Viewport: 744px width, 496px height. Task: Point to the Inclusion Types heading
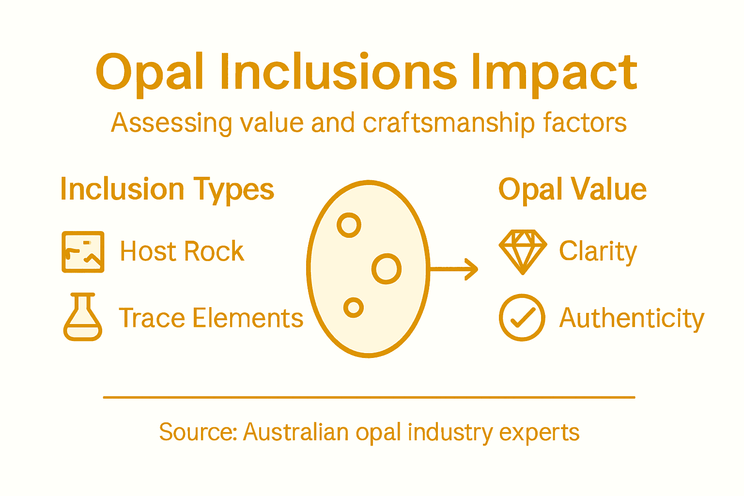pos(167,189)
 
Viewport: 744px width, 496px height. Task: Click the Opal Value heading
pos(572,189)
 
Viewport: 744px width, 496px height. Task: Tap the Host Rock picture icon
pos(83,252)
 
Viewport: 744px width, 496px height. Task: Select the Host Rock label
pos(182,251)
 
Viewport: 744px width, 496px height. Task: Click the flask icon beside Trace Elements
pos(83,317)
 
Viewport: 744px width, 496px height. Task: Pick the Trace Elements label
pos(211,318)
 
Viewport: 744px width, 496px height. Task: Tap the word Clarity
pos(598,251)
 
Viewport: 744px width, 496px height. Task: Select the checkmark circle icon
pos(522,318)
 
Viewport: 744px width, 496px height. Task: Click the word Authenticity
pos(632,319)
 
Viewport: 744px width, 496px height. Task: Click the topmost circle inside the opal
pos(349,225)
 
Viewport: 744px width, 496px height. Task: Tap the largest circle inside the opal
pos(386,268)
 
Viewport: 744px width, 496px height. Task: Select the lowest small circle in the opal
pos(354,308)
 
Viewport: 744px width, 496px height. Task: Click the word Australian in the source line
pos(295,432)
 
